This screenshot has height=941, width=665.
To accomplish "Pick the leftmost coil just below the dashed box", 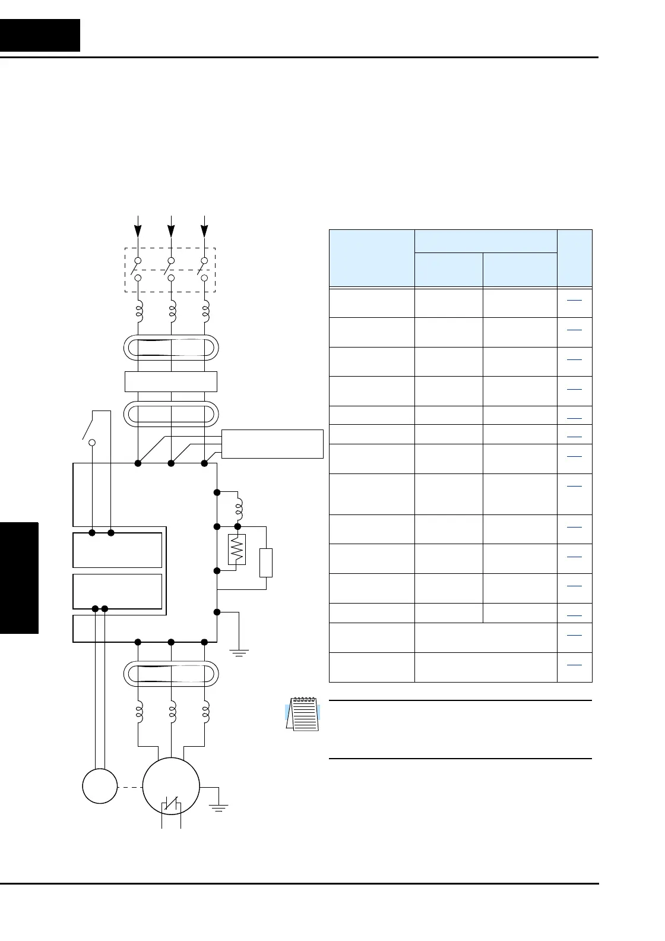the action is (138, 310).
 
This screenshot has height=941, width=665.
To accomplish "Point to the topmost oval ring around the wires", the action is (171, 348).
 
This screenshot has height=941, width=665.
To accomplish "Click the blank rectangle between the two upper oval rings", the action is (171, 381).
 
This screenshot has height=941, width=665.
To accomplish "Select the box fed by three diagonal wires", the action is (272, 443).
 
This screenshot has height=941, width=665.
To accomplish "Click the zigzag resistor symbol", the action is (237, 550).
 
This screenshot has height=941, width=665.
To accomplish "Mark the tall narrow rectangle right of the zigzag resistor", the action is (266, 563).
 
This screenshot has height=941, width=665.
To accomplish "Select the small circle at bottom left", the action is (100, 785).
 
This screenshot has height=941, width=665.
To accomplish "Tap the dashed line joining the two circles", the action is (130, 787).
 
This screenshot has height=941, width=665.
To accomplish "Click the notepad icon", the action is (303, 713).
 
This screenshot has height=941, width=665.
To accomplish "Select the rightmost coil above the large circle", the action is (205, 712).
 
